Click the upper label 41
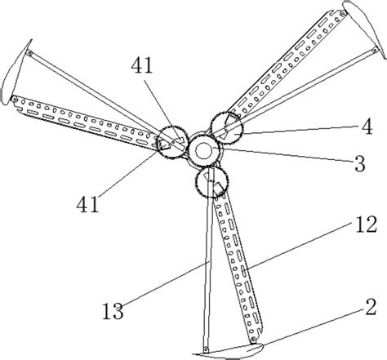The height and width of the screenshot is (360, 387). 141,66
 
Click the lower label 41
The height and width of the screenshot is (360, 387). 87,205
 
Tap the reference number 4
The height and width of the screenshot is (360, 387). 367,127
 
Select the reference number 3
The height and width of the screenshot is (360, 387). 360,163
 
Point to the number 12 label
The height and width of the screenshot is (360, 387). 367,224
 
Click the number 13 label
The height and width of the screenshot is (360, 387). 113,311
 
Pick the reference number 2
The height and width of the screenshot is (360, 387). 371,307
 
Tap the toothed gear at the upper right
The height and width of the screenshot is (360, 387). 226,128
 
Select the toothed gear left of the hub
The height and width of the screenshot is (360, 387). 172,142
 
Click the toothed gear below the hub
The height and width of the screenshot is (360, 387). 211,181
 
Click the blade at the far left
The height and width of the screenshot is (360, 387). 16,73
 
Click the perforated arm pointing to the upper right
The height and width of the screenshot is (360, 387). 287,62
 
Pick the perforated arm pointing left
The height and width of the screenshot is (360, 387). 85,122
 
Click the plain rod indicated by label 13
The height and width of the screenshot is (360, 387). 208,259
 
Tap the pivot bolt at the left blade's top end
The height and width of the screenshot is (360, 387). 29,53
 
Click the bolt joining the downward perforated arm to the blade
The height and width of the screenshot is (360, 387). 254,340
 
